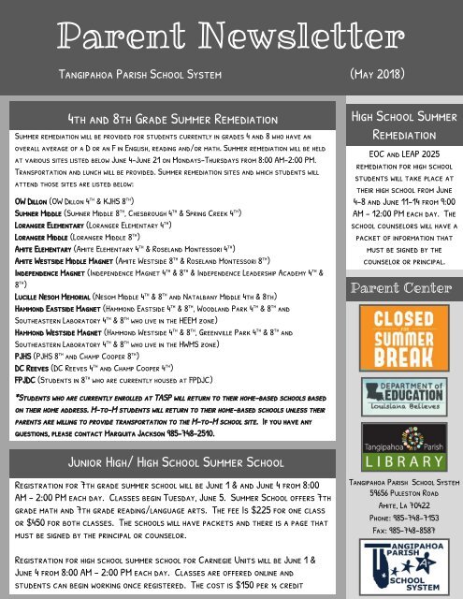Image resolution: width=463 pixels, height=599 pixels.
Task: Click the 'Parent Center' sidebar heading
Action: coord(400,285)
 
